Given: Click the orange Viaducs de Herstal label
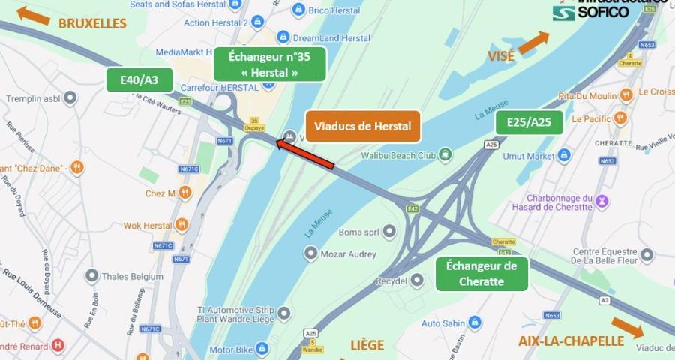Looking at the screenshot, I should click(363, 126).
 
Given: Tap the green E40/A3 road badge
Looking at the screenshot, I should click(139, 80).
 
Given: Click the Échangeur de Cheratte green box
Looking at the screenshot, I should click(481, 274).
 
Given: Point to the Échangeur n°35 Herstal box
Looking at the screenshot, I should click(269, 64).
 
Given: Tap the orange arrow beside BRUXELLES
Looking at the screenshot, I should click(34, 14).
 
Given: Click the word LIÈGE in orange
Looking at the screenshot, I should click(367, 345).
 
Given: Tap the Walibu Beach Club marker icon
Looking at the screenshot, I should click(446, 155).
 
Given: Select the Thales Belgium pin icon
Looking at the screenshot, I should click(91, 276).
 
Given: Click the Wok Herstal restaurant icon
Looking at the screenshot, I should click(182, 225).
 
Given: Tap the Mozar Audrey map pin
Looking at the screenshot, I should click(310, 254).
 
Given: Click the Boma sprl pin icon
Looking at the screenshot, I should click(388, 232).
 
